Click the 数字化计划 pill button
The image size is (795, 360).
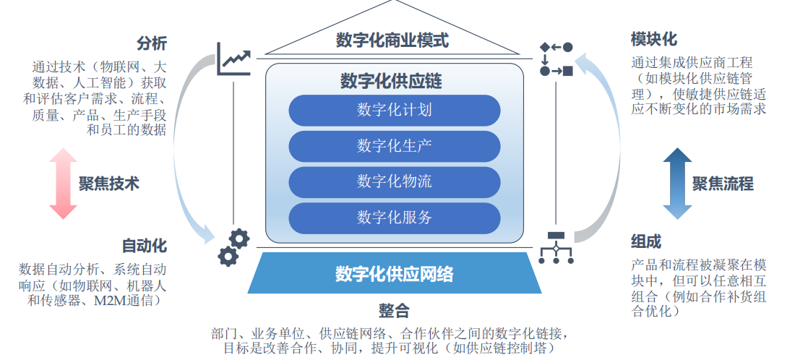point(395,111)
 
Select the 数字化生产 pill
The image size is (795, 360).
point(395,146)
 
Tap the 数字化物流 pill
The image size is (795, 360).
point(395,181)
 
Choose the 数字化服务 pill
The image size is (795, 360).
point(395,217)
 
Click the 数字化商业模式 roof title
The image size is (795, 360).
point(392,40)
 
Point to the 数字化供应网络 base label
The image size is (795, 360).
point(395,274)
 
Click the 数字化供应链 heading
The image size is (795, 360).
point(391,81)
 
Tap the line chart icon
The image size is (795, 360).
point(233,59)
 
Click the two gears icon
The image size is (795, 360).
point(233,247)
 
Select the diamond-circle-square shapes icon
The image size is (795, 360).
point(556,59)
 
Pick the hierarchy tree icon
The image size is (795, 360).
point(556,247)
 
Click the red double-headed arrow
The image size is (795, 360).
point(63,184)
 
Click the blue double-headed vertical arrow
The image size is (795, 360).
point(677,184)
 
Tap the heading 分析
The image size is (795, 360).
point(152,43)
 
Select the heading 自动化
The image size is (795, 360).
point(145,245)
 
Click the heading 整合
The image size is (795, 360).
point(394,311)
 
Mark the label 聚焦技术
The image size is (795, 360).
point(109,184)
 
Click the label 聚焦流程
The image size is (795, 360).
point(723,184)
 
